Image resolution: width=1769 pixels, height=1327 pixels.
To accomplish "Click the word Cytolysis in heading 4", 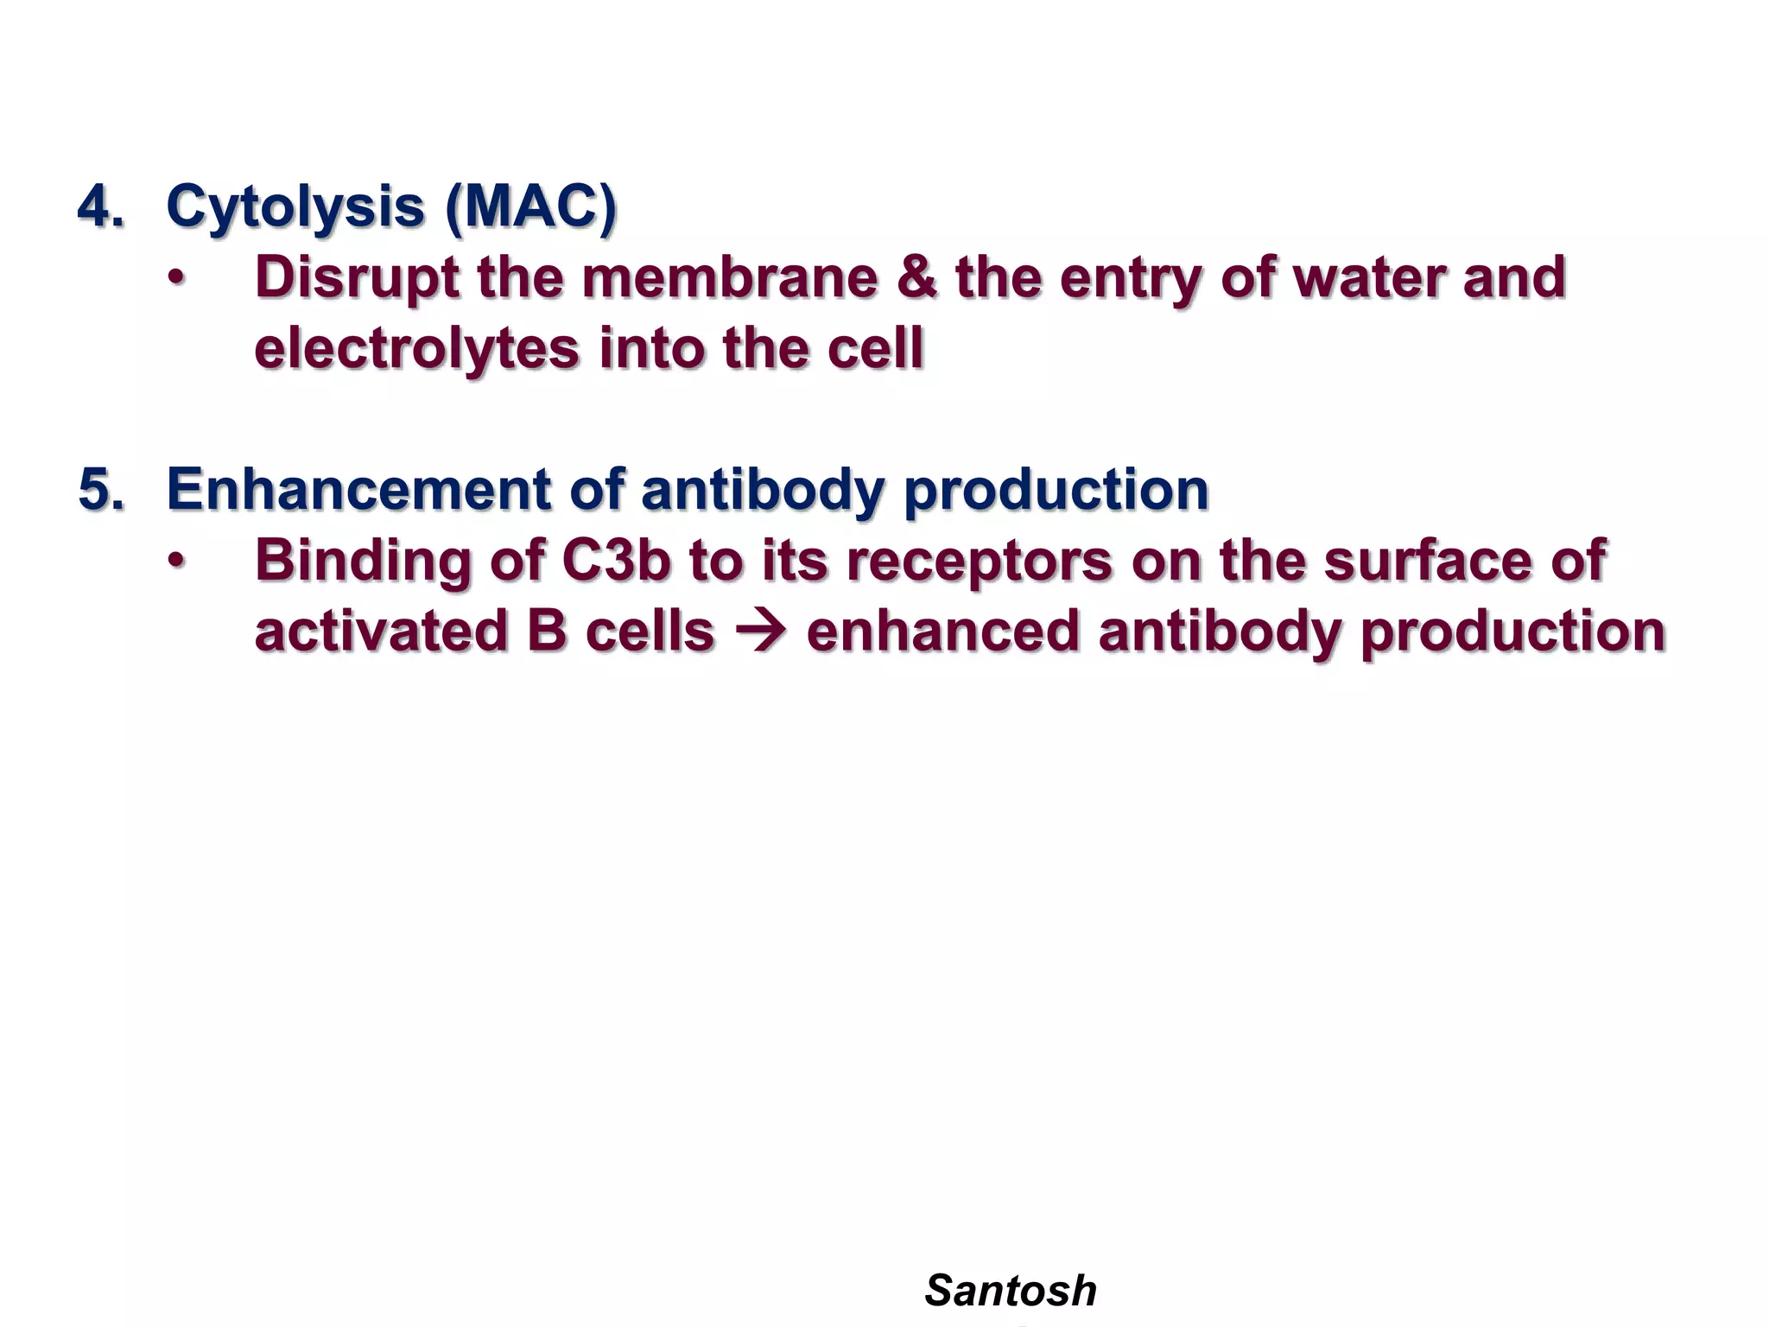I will pos(294,208).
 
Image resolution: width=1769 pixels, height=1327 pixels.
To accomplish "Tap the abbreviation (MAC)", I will pos(530,208).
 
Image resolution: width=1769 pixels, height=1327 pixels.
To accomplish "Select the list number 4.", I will pos(100,208).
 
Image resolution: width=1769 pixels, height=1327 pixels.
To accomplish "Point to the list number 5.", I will pos(100,490).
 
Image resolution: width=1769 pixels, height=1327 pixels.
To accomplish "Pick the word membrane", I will pos(729,278).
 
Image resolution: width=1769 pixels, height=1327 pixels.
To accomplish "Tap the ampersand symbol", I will pos(916,278).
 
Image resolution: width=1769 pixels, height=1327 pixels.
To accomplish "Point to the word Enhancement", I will pos(358,490).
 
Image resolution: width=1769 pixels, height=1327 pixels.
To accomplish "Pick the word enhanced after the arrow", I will pos(942,632).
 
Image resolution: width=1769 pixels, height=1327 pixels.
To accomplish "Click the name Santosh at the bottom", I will pos(1010,1291).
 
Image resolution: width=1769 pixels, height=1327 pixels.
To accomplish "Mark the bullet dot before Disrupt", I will pos(176,279).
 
